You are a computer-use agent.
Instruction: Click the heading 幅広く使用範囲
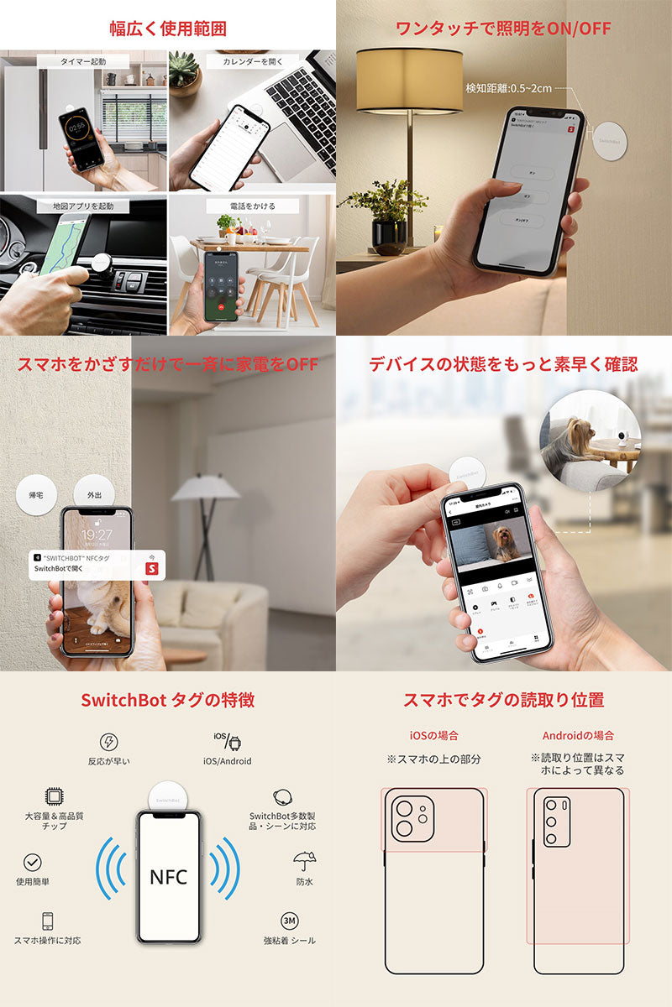pyautogui.click(x=168, y=29)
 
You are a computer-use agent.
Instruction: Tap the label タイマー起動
pyautogui.click(x=83, y=61)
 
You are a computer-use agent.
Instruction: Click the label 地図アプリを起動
pyautogui.click(x=82, y=206)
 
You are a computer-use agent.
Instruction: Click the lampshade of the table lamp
pyautogui.click(x=409, y=81)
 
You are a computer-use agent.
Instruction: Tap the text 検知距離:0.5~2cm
pyautogui.click(x=508, y=87)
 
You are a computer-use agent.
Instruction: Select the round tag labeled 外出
pyautogui.click(x=94, y=495)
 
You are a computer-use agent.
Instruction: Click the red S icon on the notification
pyautogui.click(x=152, y=568)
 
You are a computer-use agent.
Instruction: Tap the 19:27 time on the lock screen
pyautogui.click(x=97, y=535)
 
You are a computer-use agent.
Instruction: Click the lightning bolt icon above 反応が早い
pyautogui.click(x=109, y=742)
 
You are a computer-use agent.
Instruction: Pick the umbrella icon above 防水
pyautogui.click(x=304, y=861)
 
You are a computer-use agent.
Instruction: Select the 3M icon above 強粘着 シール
pyautogui.click(x=290, y=921)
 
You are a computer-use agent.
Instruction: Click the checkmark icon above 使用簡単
pyautogui.click(x=33, y=862)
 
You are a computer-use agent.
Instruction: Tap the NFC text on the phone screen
pyautogui.click(x=169, y=877)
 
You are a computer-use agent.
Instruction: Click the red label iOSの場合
pyautogui.click(x=433, y=735)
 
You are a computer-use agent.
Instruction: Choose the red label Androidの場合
pyautogui.click(x=578, y=735)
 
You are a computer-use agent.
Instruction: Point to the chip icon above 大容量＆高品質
pyautogui.click(x=52, y=796)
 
